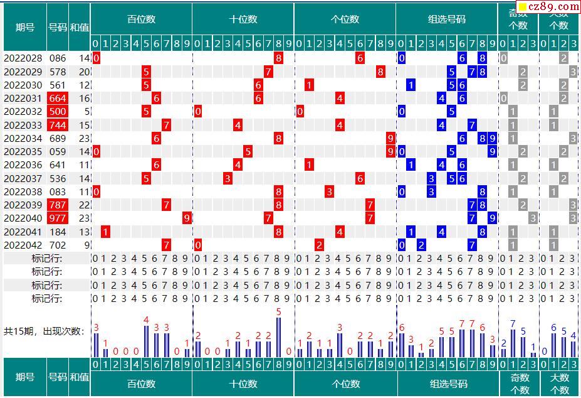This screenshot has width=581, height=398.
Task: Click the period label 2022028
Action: (23, 58)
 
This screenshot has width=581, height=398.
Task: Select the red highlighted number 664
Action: (58, 99)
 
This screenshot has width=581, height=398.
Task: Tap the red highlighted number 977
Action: (58, 218)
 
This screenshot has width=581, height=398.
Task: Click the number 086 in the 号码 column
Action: (58, 58)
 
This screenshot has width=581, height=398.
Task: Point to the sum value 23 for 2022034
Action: (85, 138)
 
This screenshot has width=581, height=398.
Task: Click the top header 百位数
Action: (141, 19)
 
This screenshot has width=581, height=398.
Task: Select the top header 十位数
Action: (243, 19)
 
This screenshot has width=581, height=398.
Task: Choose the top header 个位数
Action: (345, 19)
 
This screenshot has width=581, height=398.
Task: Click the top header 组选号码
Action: (446, 19)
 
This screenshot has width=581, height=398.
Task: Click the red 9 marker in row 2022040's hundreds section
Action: (187, 218)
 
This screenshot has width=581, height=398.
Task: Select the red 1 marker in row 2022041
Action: (106, 232)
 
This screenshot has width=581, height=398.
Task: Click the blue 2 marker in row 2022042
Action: (421, 245)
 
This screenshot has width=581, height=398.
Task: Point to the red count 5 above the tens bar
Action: (278, 312)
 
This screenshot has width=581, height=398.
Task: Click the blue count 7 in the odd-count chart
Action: (513, 324)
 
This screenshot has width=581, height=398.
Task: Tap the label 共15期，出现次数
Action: (44, 331)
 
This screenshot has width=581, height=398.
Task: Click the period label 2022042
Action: (23, 245)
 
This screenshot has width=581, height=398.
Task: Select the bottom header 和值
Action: (79, 377)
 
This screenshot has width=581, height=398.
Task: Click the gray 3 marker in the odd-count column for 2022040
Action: (533, 218)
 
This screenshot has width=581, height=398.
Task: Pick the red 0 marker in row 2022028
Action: (97, 58)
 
